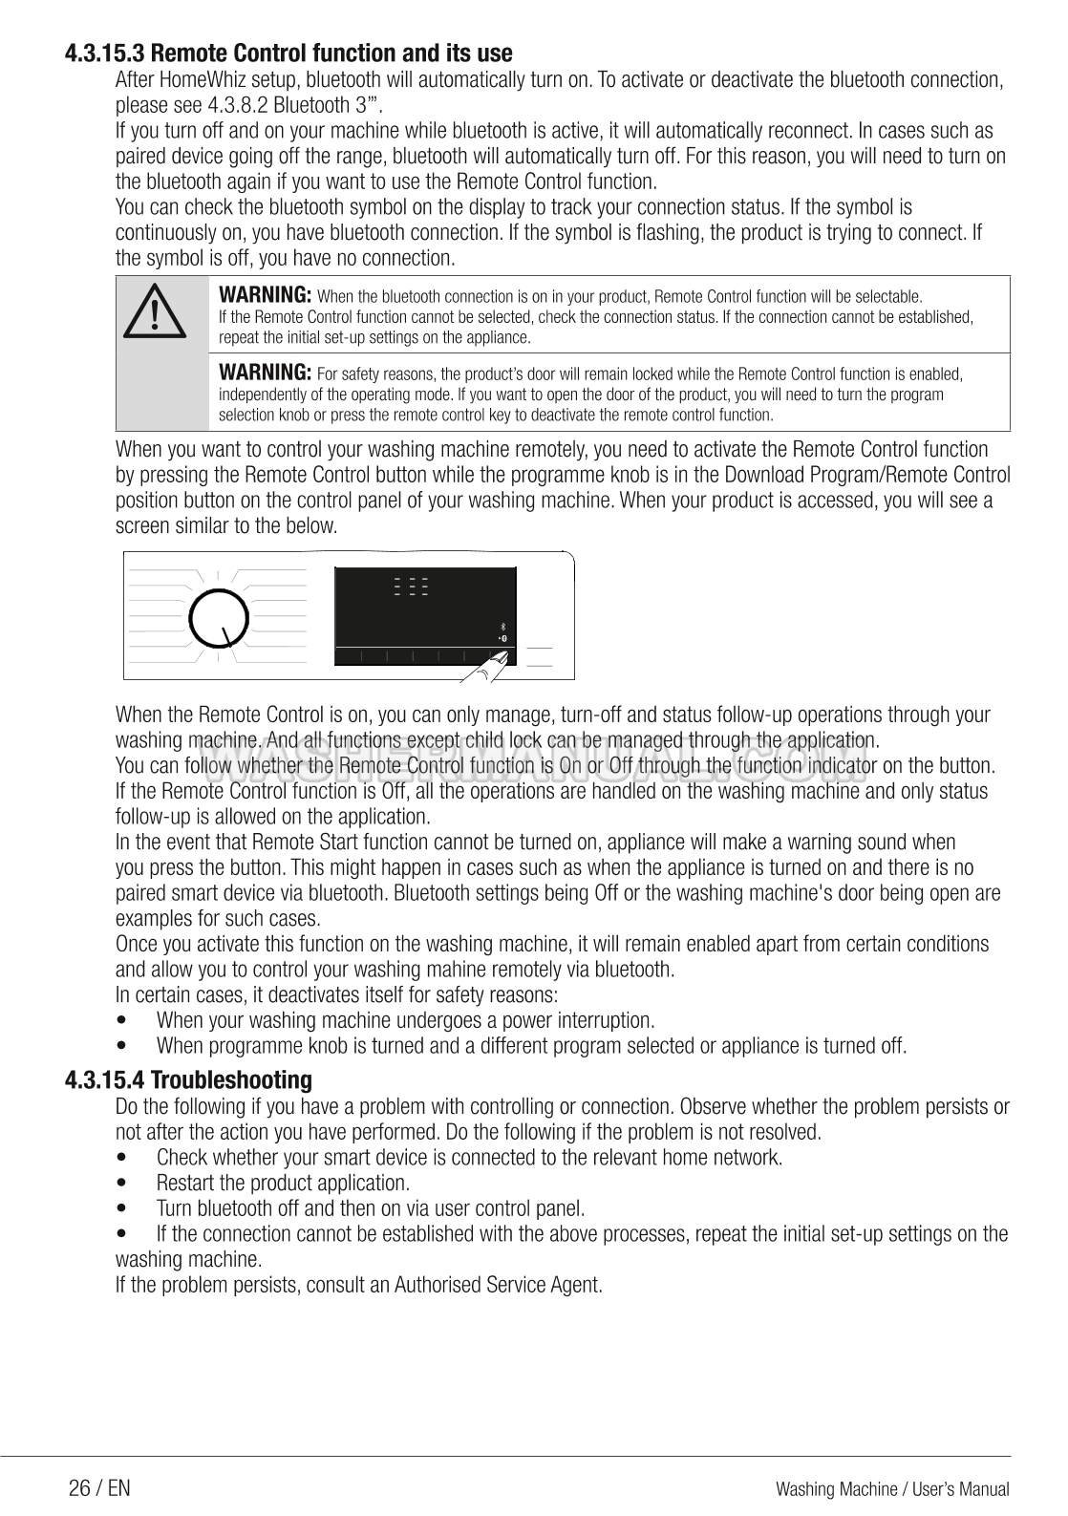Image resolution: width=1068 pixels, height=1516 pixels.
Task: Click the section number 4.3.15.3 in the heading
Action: click(105, 53)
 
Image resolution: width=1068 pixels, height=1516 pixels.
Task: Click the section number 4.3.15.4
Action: click(105, 1080)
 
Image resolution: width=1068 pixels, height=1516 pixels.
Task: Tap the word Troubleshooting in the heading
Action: click(232, 1080)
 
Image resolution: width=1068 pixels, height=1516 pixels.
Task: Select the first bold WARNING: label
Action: click(266, 293)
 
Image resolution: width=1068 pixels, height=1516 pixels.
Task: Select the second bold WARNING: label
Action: click(266, 371)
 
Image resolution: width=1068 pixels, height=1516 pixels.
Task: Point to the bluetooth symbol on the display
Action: click(502, 626)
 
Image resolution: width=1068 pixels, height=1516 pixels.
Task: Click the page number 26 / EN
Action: click(99, 1488)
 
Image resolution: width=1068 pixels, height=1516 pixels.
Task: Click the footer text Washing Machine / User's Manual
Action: click(892, 1489)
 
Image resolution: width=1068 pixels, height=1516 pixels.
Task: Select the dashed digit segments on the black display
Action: click(411, 587)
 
